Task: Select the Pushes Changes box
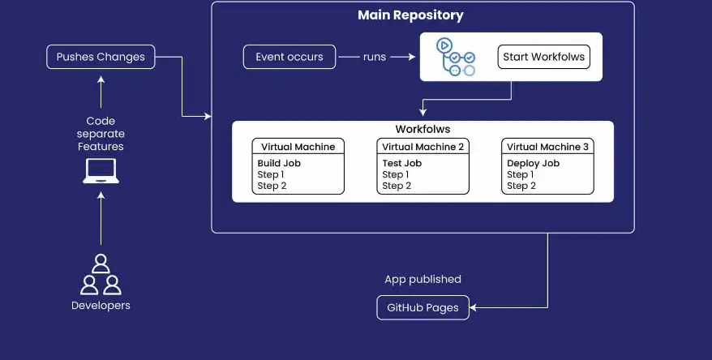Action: click(101, 57)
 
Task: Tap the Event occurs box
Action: click(289, 57)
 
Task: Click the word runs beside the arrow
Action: click(375, 57)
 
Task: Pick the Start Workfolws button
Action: click(543, 57)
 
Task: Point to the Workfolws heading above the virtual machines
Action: click(422, 129)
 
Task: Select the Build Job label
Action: click(279, 163)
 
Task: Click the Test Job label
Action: click(402, 163)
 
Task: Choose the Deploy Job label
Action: click(533, 163)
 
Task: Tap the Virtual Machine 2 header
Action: click(422, 147)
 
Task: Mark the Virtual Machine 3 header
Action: click(547, 147)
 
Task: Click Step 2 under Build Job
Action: click(272, 186)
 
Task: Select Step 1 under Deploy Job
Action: click(520, 174)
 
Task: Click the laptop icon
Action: click(101, 171)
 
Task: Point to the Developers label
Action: click(101, 306)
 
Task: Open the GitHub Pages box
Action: click(422, 308)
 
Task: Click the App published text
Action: click(422, 280)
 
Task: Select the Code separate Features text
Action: click(101, 134)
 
